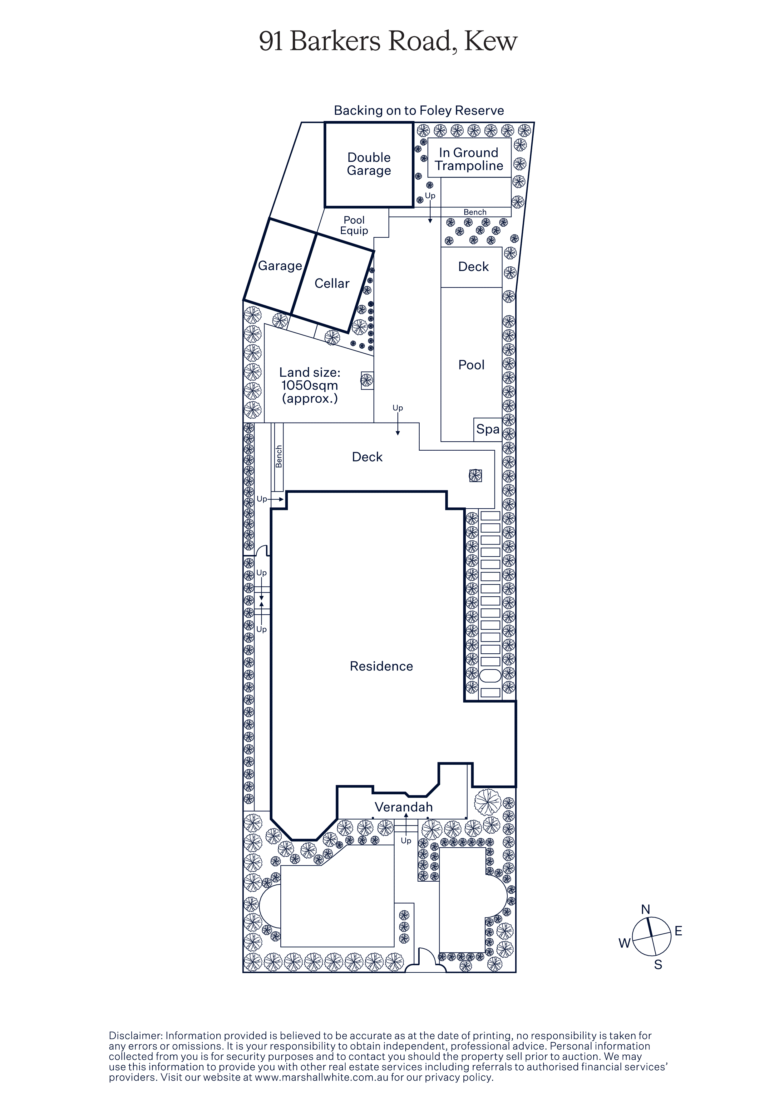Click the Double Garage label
(369, 164)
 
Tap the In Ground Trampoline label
(469, 159)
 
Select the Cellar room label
(332, 283)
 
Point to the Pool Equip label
(354, 225)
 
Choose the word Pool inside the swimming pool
(471, 365)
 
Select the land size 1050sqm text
(309, 385)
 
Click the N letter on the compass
(645, 909)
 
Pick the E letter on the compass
(678, 931)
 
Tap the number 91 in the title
(271, 41)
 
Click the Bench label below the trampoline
(475, 212)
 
